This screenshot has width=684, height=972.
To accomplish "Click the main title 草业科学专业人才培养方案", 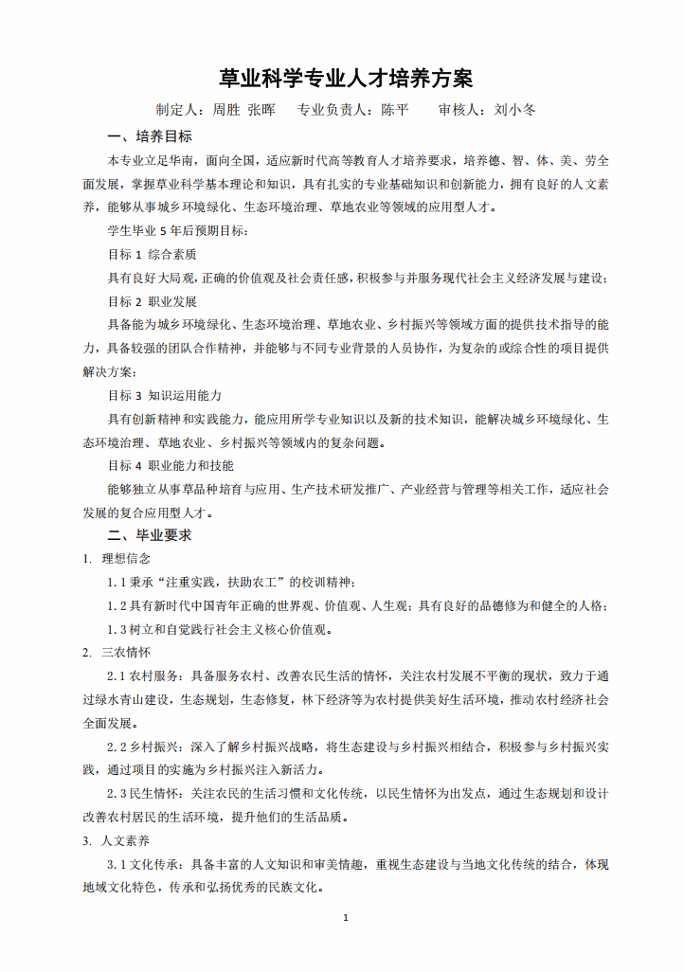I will (x=346, y=78).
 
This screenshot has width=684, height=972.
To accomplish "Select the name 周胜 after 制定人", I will (x=226, y=110).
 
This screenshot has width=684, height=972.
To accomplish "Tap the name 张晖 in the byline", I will (x=261, y=110).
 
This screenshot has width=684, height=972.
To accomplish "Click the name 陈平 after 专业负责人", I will (x=395, y=110).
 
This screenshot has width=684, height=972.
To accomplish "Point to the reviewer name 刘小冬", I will (x=515, y=110).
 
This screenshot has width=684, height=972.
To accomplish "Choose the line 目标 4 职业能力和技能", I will (x=171, y=466).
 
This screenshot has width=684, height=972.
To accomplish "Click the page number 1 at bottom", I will (x=345, y=918).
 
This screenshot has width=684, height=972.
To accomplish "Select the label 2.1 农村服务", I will (x=145, y=676).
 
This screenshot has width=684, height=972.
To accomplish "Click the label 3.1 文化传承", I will (x=145, y=865).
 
